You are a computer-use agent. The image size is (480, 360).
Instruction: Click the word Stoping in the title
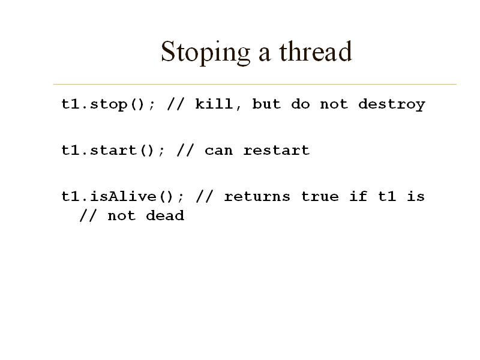pos(206,52)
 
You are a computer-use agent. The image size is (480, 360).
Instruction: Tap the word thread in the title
pos(316,51)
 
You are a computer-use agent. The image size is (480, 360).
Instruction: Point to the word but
pos(266,104)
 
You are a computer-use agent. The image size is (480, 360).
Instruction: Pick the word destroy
pos(392,104)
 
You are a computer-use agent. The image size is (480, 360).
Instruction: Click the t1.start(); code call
pos(113,151)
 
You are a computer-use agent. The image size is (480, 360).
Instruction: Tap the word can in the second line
pos(219,151)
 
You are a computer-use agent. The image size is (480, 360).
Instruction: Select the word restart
pos(277,151)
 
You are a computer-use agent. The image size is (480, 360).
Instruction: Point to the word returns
pos(257,197)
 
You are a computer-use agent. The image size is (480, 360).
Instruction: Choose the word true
pos(320,197)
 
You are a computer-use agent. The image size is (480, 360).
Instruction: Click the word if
pos(358,196)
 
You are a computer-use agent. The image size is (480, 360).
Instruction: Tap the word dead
pos(165,215)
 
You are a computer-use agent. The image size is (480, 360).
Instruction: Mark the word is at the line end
pos(416,196)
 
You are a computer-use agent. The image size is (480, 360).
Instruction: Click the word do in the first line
pos(301,104)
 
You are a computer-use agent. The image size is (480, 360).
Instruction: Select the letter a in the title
pos(265,55)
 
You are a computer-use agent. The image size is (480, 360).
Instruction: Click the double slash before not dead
pos(88,215)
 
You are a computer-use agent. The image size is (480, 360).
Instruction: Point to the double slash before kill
pos(176,104)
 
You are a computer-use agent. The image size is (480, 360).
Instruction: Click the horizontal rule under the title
pos(255,84)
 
